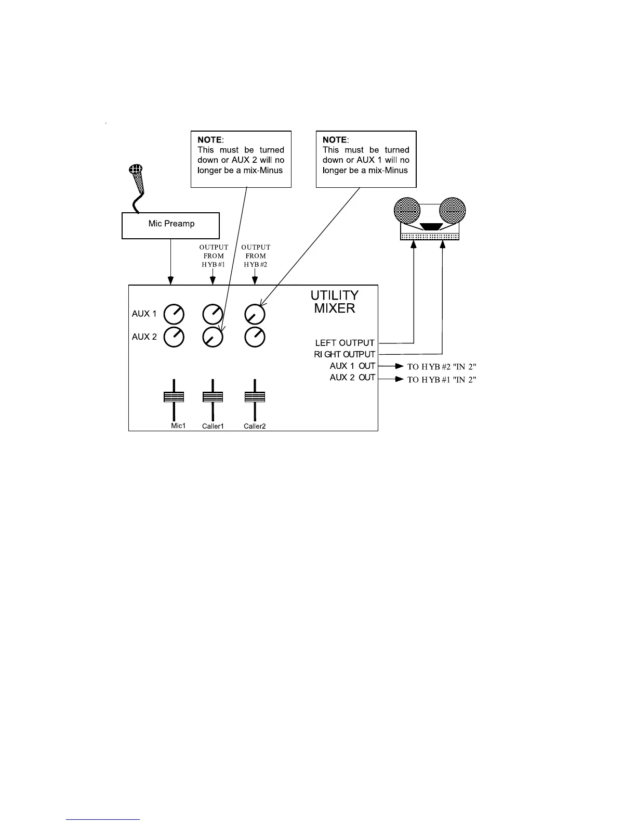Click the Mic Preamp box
(170, 225)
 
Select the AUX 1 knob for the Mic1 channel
(174, 314)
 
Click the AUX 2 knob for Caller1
(213, 337)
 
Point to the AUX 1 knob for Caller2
(255, 314)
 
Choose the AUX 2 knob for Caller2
(255, 337)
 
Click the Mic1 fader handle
(174, 397)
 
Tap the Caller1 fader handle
(213, 397)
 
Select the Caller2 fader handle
(255, 397)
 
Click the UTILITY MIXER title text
(335, 302)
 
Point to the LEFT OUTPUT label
(344, 343)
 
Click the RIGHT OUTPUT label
(344, 354)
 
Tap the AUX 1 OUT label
(352, 366)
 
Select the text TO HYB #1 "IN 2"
(442, 380)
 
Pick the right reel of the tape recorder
(452, 210)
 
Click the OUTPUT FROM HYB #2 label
(256, 255)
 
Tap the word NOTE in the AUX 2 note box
(209, 140)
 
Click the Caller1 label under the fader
(213, 427)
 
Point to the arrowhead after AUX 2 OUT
(400, 379)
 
